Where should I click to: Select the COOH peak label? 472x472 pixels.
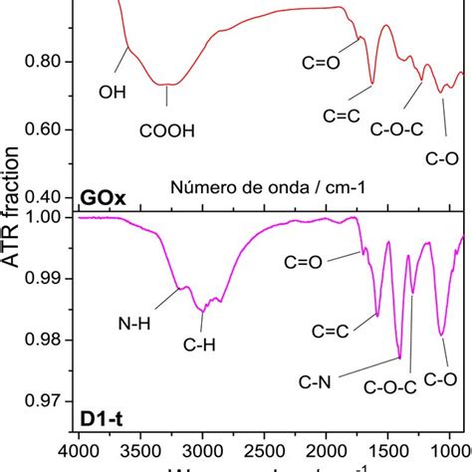click(x=166, y=128)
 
